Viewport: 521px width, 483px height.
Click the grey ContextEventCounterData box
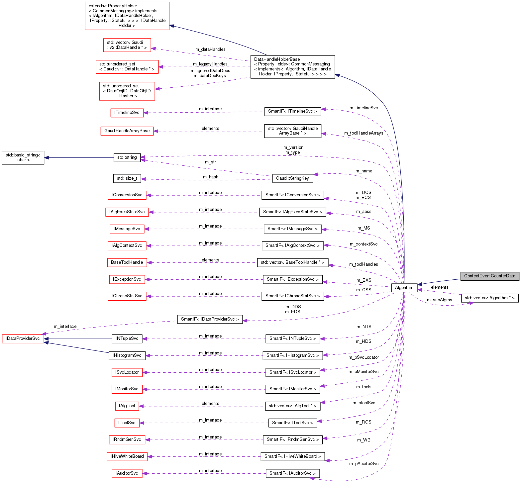pyautogui.click(x=489, y=276)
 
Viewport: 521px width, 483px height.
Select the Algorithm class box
pyautogui.click(x=404, y=288)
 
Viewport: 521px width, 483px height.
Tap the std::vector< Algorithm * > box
pyautogui.click(x=489, y=298)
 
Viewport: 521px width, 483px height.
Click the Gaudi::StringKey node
pyautogui.click(x=292, y=178)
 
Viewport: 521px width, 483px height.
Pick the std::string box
pyautogui.click(x=127, y=157)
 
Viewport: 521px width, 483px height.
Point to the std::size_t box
pyautogui.click(x=127, y=178)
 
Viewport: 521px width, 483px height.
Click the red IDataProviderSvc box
pyautogui.click(x=23, y=338)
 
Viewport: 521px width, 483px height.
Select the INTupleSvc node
pyautogui.click(x=127, y=338)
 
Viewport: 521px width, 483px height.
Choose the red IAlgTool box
pyautogui.click(x=127, y=406)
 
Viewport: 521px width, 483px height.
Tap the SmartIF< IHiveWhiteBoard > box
pyautogui.click(x=292, y=456)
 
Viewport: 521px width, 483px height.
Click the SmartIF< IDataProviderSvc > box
pyautogui.click(x=210, y=319)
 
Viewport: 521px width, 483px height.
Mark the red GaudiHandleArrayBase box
pyautogui.click(x=127, y=131)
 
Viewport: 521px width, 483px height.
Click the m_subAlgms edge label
pyautogui.click(x=439, y=300)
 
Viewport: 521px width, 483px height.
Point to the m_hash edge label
pyautogui.click(x=211, y=177)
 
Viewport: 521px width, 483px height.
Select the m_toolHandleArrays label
pyautogui.click(x=364, y=133)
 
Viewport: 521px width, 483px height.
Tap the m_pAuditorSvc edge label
pyautogui.click(x=364, y=464)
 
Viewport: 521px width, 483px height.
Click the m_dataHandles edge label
pyautogui.click(x=210, y=49)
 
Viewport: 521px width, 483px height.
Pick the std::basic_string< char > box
pyautogui.click(x=23, y=157)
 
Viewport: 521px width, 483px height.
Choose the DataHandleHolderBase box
pyautogui.click(x=292, y=67)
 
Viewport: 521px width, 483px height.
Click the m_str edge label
pyautogui.click(x=210, y=162)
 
